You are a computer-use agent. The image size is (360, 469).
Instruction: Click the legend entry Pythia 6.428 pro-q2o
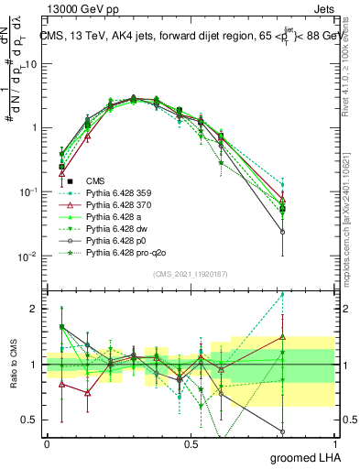point(122,252)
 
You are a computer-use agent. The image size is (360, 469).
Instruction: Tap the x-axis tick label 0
point(47,443)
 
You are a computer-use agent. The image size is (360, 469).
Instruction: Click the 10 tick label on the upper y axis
point(33,64)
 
